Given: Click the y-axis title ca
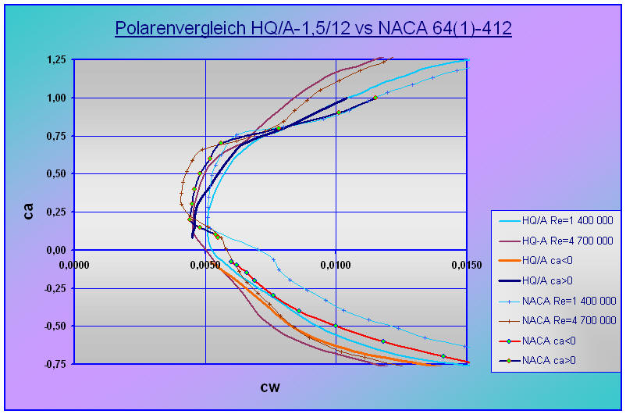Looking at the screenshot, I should pyautogui.click(x=29, y=211).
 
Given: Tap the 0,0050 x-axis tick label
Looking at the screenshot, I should pyautogui.click(x=206, y=265).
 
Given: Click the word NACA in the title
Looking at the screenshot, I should pyautogui.click(x=407, y=28).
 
